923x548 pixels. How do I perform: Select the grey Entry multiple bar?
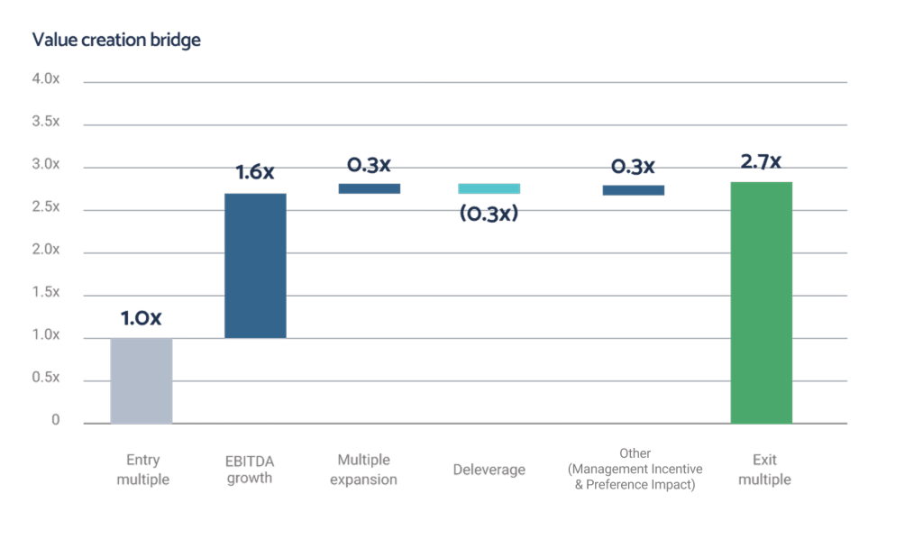[142, 380]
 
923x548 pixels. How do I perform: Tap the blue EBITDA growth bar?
[255, 265]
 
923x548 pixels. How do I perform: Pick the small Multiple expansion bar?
[370, 188]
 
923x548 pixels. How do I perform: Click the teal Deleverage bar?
[489, 188]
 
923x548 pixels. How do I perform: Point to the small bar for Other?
[634, 189]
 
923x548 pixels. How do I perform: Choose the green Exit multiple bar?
[761, 302]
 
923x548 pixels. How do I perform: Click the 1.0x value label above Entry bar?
[142, 320]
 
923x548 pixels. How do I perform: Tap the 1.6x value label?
[255, 173]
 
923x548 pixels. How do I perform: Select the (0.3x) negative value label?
[489, 215]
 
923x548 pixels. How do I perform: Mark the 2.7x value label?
[761, 162]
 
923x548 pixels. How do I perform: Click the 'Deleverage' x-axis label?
[489, 470]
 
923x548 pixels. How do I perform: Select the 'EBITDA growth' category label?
[251, 470]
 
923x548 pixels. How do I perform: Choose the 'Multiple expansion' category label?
[363, 470]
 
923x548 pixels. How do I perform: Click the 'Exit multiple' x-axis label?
[761, 470]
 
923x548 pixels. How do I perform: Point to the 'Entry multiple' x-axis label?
[142, 470]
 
